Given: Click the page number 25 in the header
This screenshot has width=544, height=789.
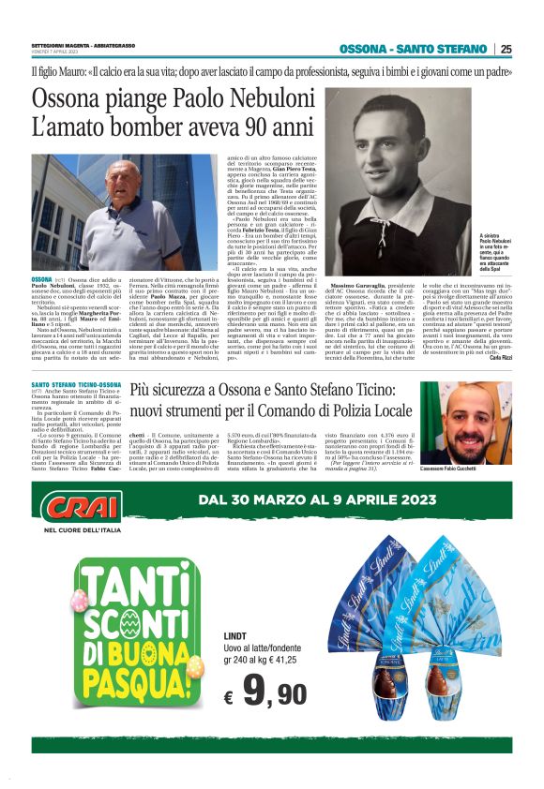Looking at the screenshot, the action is point(506,49).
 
